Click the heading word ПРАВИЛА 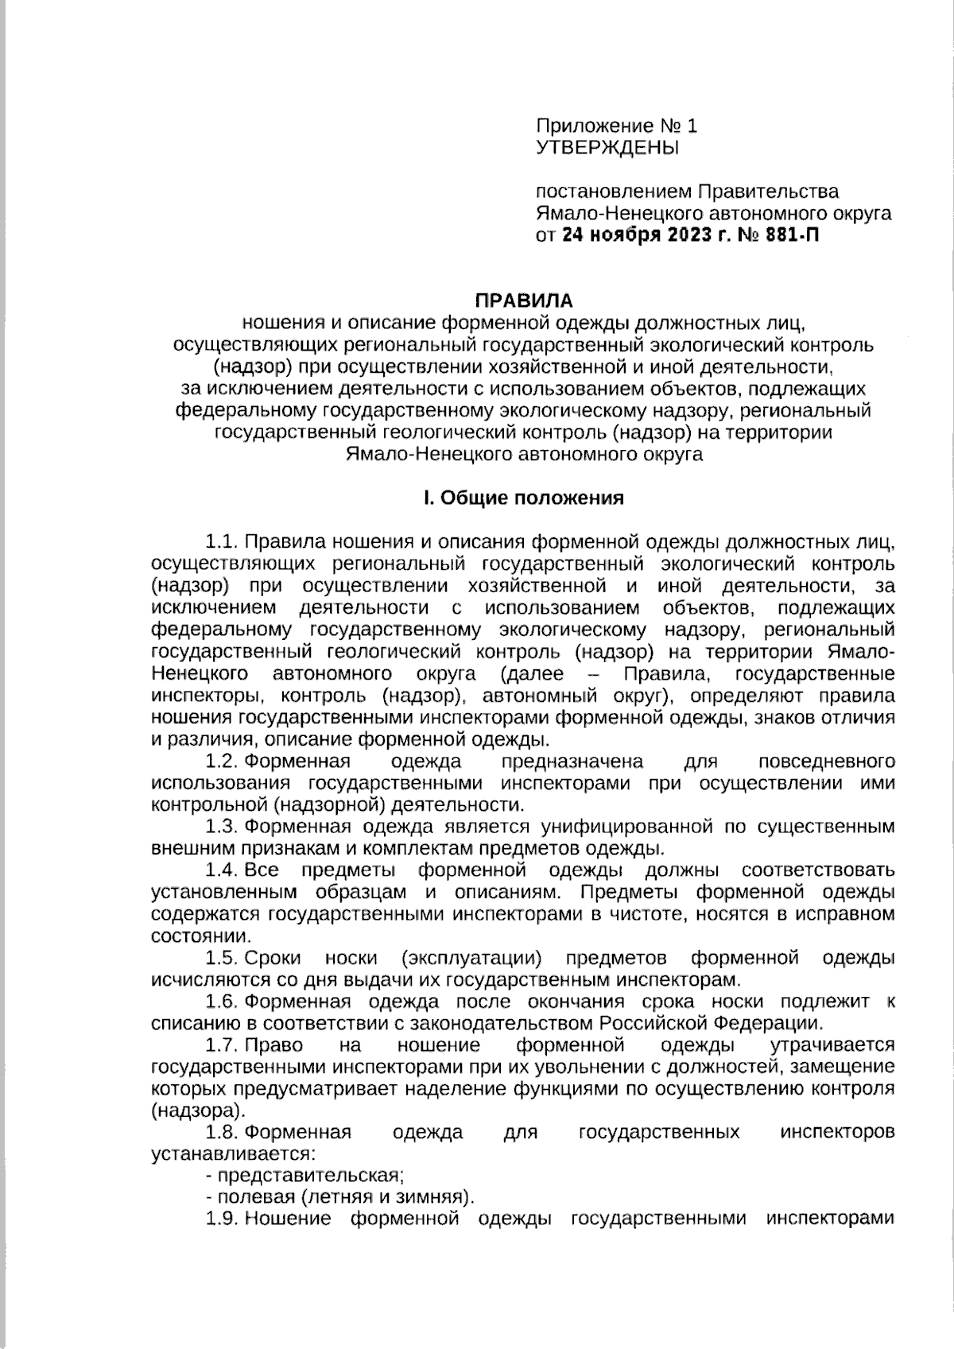tap(523, 300)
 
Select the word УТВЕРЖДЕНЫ tap(608, 147)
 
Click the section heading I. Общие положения tap(523, 498)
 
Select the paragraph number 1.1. tap(222, 542)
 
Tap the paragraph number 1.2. tap(222, 761)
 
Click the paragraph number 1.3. tap(222, 826)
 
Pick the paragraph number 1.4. tap(222, 870)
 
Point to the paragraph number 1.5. tap(222, 957)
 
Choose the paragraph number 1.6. tap(222, 1001)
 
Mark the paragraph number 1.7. tap(222, 1045)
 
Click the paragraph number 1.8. tap(222, 1132)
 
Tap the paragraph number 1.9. tap(222, 1219)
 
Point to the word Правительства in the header tap(768, 192)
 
